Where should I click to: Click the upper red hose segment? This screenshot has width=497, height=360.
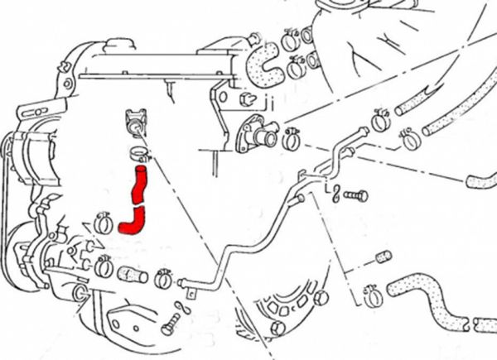pos(138,184)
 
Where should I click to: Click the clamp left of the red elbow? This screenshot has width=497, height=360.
pos(104,222)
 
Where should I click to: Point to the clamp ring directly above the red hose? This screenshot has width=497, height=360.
pos(139,153)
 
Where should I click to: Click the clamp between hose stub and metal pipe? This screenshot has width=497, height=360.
pos(162,279)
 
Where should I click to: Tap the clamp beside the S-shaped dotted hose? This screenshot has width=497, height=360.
pos(371,291)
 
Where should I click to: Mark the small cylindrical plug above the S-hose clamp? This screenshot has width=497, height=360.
pos(382,257)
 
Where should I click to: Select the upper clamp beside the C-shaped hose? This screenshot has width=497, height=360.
pos(291,39)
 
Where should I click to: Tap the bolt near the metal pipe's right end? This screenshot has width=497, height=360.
pos(355,196)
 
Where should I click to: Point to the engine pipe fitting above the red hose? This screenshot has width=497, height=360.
pos(135,122)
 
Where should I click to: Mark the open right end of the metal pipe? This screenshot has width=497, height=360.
pos(364,132)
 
